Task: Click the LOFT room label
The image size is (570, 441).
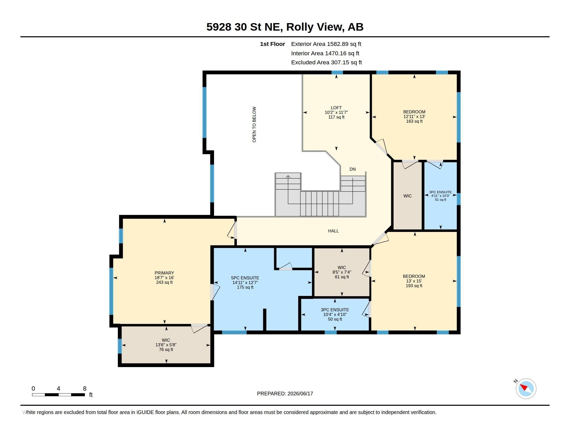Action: (x=336, y=108)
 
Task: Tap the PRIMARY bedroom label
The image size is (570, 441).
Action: (x=164, y=273)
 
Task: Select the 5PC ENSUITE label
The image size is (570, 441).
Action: (x=245, y=278)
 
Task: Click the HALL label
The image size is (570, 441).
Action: (x=333, y=231)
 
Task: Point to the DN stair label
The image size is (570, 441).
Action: (x=353, y=169)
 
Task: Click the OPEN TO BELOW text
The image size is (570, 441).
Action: (x=254, y=124)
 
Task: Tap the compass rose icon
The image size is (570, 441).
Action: (x=526, y=389)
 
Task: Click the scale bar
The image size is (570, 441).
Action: (x=59, y=395)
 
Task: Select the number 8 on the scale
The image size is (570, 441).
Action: (x=84, y=389)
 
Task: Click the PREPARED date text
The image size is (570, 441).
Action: (x=285, y=394)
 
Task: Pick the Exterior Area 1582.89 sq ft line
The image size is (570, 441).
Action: (x=326, y=44)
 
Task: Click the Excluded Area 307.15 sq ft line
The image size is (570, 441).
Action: (x=326, y=63)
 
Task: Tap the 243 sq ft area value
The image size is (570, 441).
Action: (x=165, y=282)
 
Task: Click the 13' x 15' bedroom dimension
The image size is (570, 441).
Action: (x=414, y=281)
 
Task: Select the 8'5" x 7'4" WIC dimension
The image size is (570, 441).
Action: (x=342, y=272)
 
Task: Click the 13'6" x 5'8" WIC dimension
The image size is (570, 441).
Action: (x=166, y=344)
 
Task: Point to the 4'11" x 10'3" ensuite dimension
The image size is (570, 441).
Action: (x=440, y=196)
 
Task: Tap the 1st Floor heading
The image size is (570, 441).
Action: (x=273, y=44)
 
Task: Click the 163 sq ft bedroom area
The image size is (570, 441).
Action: (x=414, y=121)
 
